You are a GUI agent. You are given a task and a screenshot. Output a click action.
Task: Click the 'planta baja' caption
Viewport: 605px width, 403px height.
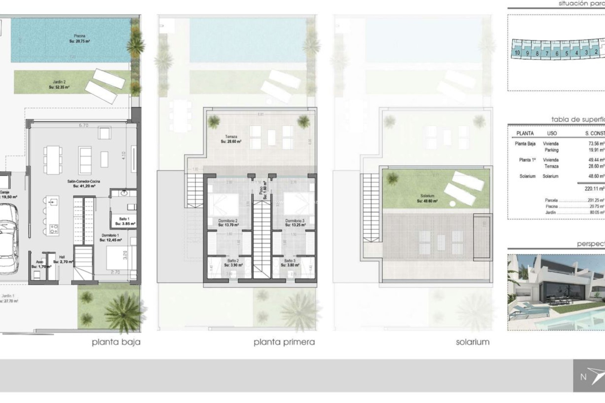click(116, 342)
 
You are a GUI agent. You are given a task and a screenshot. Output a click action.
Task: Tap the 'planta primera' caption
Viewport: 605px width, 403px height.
click(284, 342)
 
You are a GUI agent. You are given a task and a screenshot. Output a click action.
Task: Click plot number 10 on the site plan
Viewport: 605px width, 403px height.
click(517, 53)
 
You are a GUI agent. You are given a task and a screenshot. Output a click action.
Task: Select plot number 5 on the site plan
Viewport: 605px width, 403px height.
click(567, 53)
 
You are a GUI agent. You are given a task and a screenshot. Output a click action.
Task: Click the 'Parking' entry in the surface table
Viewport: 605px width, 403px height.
click(551, 150)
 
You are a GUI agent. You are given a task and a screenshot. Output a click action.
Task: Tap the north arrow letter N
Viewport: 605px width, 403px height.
click(583, 377)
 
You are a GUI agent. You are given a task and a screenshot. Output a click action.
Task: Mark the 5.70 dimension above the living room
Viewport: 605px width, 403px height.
click(83, 125)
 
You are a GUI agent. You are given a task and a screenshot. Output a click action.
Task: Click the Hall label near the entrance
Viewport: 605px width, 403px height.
click(62, 257)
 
